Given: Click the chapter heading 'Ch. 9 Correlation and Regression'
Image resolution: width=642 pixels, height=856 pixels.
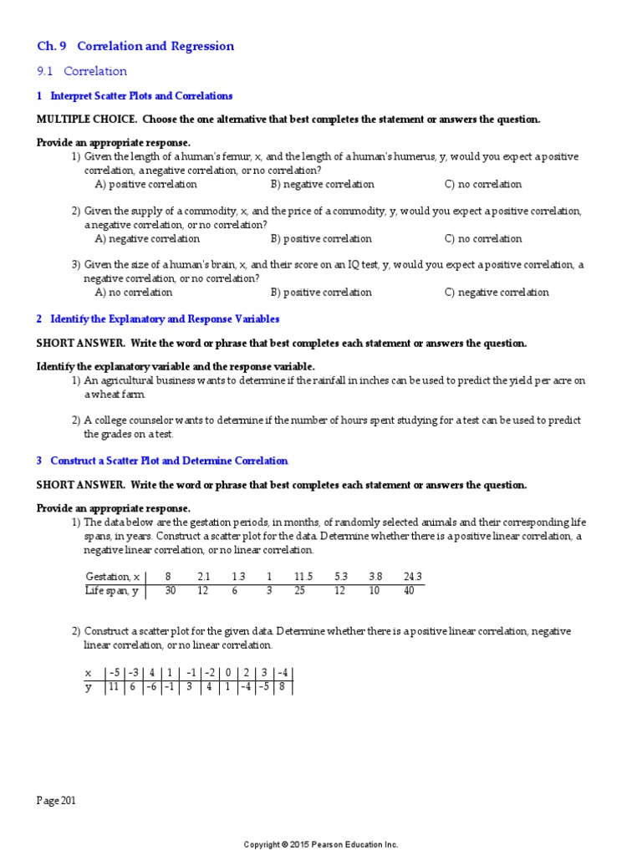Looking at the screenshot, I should tap(135, 46).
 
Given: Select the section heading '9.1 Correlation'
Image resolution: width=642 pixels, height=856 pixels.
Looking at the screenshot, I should tap(82, 71).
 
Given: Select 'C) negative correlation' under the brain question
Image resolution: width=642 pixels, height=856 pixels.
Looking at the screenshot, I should tap(497, 293).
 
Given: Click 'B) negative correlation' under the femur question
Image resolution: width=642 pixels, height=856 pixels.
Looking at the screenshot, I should tap(323, 184).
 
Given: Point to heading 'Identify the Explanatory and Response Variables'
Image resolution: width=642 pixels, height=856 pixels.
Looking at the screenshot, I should tap(165, 319).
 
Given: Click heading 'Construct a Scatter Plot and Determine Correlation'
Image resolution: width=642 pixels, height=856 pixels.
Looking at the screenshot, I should tap(169, 461).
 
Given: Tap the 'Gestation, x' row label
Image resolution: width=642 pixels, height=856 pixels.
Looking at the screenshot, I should tap(108, 577).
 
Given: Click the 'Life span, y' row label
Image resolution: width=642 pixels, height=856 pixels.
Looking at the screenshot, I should tap(110, 591).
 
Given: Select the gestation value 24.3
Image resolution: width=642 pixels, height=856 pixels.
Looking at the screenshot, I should tap(412, 577).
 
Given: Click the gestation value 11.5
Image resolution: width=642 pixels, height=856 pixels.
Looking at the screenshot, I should tap(303, 577).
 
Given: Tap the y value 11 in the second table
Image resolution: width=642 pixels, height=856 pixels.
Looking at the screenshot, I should tap(112, 687).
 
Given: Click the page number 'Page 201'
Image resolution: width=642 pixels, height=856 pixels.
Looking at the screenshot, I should tap(56, 801).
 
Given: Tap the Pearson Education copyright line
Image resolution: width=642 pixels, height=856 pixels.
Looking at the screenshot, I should tap(321, 844).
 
